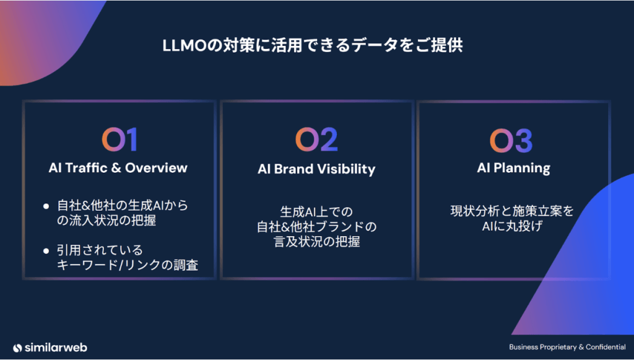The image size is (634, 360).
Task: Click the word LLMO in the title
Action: click(x=185, y=45)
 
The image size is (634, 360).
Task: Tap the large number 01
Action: click(x=119, y=139)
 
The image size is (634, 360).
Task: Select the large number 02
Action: click(x=316, y=139)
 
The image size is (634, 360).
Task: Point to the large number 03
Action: click(x=511, y=141)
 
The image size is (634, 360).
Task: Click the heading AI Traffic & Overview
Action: click(x=118, y=168)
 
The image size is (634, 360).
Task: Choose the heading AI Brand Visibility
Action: click(x=316, y=169)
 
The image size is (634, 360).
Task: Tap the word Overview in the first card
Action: click(x=156, y=168)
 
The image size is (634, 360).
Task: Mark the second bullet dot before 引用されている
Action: click(x=46, y=251)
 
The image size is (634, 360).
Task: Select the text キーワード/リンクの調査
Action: click(x=128, y=265)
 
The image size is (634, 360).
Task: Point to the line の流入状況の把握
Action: click(x=106, y=221)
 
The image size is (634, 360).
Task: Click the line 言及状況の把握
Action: click(x=317, y=242)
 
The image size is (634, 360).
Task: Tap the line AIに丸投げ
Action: click(x=512, y=226)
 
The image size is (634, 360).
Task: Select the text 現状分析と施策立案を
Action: click(x=512, y=211)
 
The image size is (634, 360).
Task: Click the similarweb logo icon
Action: click(x=17, y=348)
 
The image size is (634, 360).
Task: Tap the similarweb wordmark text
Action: click(x=56, y=348)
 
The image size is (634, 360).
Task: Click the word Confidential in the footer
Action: click(x=606, y=347)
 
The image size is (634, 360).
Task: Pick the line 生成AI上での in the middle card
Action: click(x=316, y=211)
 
